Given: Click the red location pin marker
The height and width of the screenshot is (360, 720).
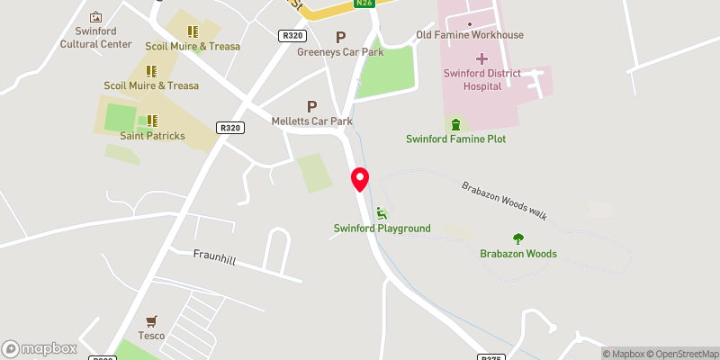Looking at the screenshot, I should (360, 178).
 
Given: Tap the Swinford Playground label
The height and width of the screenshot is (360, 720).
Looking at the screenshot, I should (382, 229).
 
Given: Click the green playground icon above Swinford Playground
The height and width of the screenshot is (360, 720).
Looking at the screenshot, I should (382, 212).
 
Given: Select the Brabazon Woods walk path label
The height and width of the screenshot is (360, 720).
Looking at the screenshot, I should (504, 199).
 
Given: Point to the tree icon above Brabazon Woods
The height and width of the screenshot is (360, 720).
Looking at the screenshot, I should (517, 238).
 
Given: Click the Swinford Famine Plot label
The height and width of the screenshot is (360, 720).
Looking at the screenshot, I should (455, 139).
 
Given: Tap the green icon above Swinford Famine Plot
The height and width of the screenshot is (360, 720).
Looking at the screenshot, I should (455, 123).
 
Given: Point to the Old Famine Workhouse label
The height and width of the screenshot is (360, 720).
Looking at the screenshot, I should (469, 35).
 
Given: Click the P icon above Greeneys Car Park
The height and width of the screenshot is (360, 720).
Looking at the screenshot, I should (340, 37).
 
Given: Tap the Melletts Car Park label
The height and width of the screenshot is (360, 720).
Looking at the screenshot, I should (311, 121).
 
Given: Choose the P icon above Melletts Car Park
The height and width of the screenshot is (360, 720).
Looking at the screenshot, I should (312, 105).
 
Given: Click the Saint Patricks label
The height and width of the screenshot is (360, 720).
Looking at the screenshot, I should (152, 136).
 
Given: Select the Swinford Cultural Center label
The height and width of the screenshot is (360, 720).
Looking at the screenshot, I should (95, 37).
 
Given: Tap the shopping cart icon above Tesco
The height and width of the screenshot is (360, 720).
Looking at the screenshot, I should (151, 320).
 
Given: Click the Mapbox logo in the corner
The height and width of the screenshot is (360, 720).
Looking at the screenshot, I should (40, 348).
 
